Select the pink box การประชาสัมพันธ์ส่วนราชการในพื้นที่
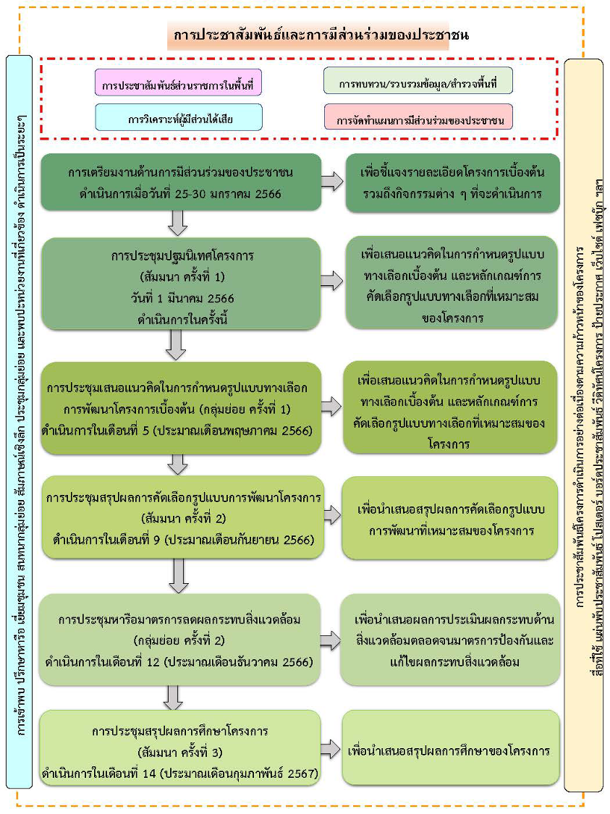pos(177,83)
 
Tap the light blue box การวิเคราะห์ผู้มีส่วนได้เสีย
pos(177,116)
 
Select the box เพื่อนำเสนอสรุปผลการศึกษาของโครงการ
pos(449,750)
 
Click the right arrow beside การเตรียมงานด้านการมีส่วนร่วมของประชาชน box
pos(332,182)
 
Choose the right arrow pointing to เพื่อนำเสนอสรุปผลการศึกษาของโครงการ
pos(331,750)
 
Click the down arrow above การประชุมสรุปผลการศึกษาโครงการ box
pos(172,697)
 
